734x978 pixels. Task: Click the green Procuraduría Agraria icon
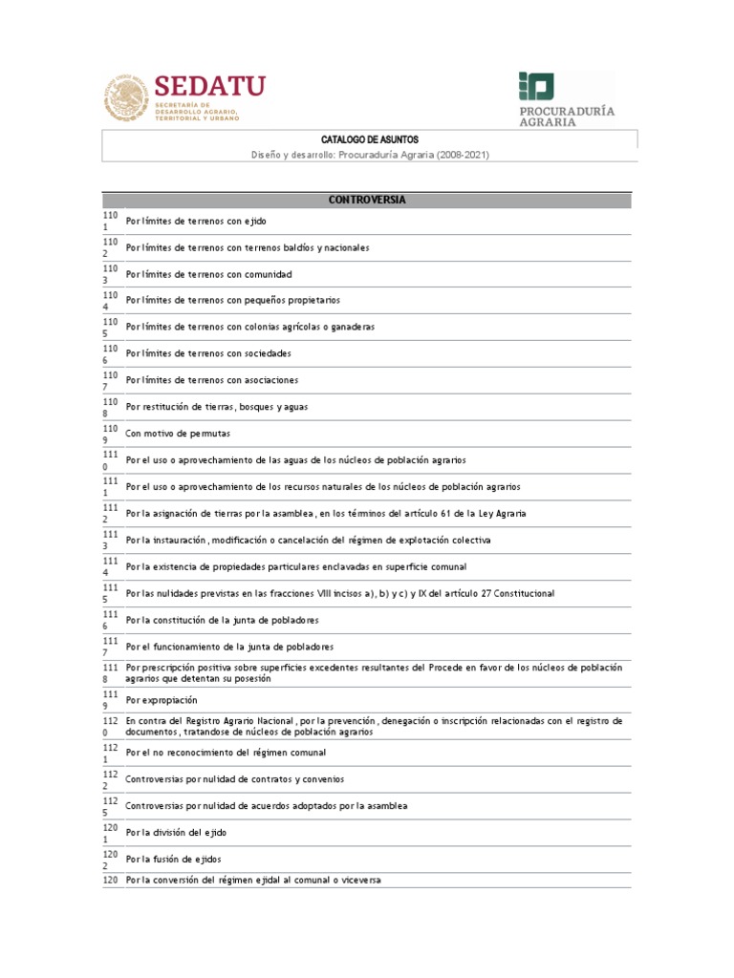(536, 86)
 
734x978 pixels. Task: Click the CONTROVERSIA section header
(368, 200)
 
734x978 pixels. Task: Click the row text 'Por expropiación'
(162, 700)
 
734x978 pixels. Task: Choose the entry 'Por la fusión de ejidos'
(173, 860)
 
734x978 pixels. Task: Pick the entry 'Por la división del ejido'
(176, 833)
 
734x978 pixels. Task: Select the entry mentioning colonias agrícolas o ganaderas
(250, 328)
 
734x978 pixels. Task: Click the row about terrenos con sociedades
(208, 354)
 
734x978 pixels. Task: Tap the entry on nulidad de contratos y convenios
(234, 779)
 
